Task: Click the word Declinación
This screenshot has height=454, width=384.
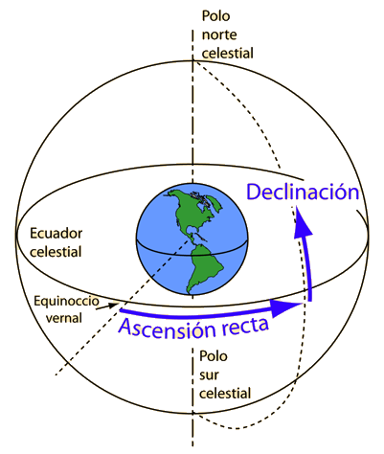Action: click(x=303, y=193)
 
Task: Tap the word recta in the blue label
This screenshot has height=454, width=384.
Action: click(x=244, y=324)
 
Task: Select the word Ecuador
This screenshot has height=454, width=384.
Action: click(x=56, y=234)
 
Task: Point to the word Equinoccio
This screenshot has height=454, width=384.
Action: click(x=66, y=302)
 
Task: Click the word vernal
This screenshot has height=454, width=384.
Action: click(x=64, y=318)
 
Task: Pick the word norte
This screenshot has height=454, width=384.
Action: click(x=219, y=34)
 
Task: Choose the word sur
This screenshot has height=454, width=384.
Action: click(x=209, y=375)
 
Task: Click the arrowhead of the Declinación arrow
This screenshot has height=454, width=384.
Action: click(x=302, y=221)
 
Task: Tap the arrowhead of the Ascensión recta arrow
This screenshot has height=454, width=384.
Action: click(x=285, y=306)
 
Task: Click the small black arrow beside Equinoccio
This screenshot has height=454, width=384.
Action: click(x=107, y=306)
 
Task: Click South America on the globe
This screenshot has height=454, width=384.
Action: click(x=205, y=267)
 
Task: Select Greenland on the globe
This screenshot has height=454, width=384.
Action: click(x=215, y=203)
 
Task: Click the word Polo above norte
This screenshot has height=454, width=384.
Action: click(x=215, y=16)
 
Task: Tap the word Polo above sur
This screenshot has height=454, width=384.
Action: click(x=214, y=356)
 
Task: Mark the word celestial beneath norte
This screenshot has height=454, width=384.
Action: click(x=228, y=53)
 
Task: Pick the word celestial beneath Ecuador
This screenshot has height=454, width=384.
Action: click(x=56, y=252)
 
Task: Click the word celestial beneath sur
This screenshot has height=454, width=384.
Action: click(x=225, y=393)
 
